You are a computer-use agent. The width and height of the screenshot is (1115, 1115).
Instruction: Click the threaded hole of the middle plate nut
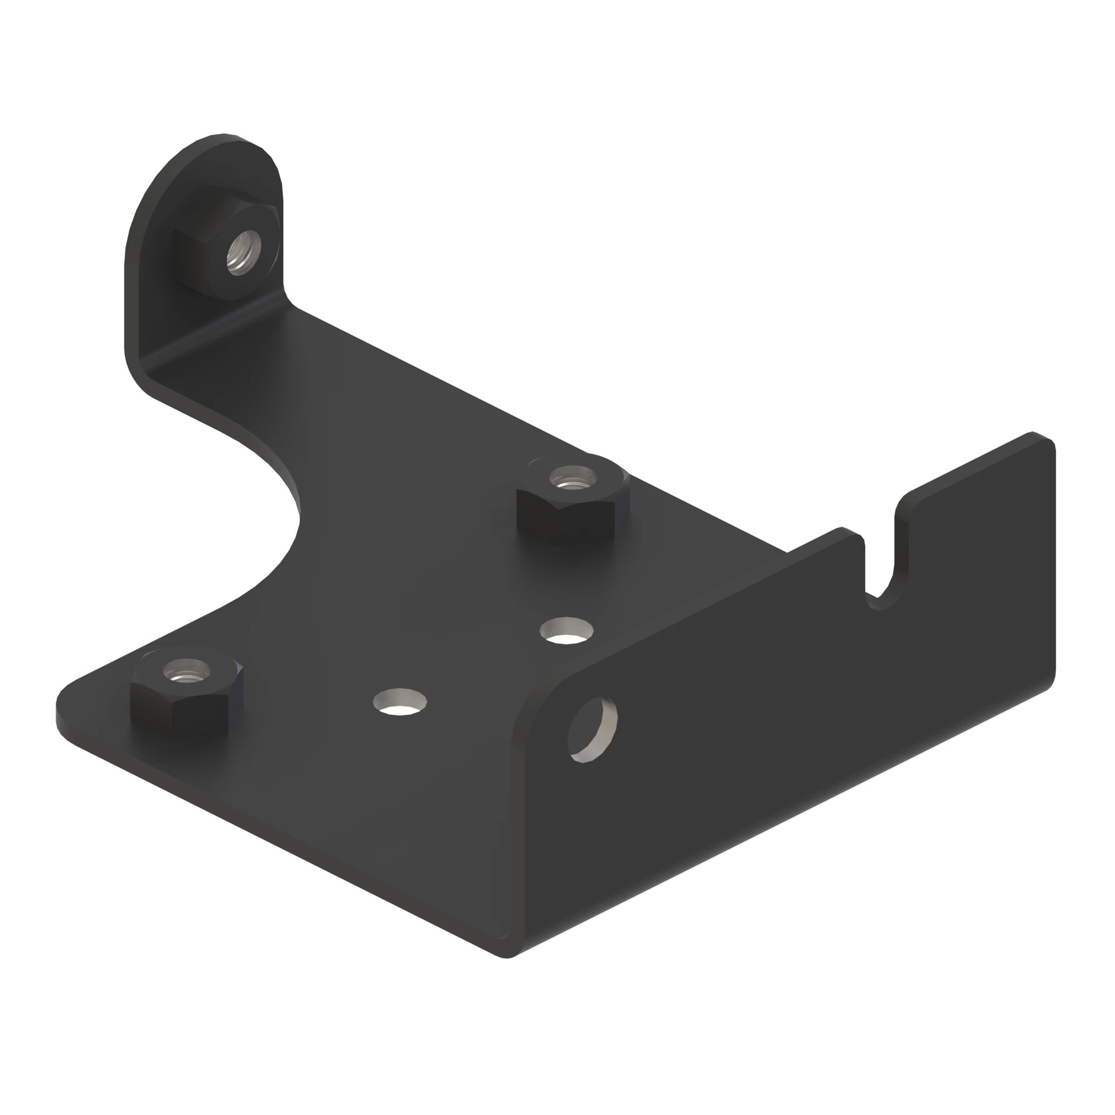tap(573, 477)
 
